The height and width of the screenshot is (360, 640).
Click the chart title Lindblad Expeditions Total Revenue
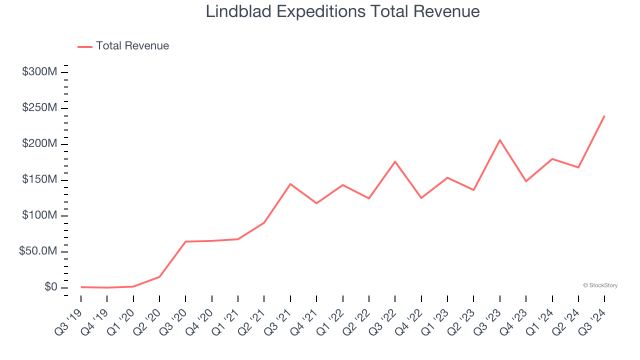click(342, 12)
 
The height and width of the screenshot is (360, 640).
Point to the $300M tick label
click(39, 72)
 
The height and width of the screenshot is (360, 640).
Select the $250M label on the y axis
click(39, 108)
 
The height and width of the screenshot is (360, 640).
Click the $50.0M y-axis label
click(38, 251)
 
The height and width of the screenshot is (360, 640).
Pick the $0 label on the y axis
click(51, 287)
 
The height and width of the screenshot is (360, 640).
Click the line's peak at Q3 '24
click(604, 116)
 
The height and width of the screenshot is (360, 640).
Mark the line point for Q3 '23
click(500, 140)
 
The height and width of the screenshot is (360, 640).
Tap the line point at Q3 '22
click(395, 161)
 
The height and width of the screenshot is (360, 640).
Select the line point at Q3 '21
click(290, 184)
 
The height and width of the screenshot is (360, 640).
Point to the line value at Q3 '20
click(185, 241)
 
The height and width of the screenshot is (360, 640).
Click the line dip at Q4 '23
click(526, 181)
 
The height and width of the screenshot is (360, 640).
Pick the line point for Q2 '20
click(159, 276)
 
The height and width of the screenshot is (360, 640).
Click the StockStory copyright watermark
click(600, 285)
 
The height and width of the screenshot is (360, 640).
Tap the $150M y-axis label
click(39, 180)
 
